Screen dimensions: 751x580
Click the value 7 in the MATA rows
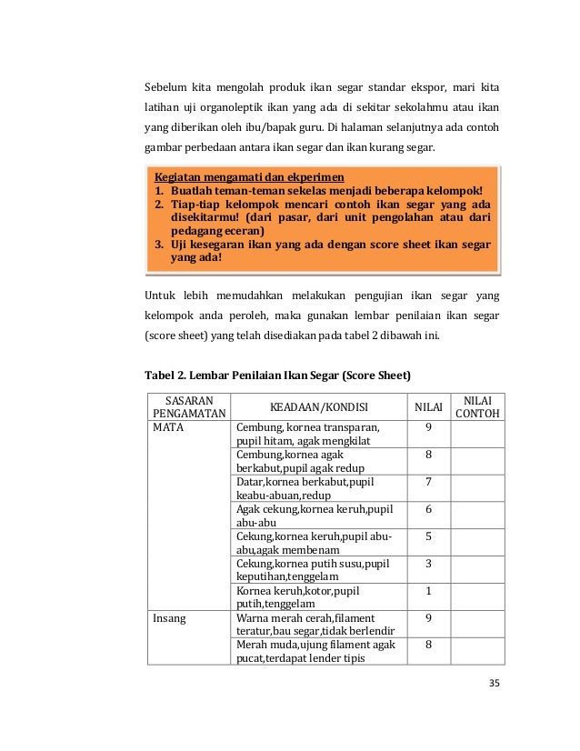pyautogui.click(x=428, y=482)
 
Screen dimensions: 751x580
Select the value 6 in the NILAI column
pyautogui.click(x=428, y=509)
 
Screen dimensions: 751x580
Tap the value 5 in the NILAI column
pyautogui.click(x=428, y=536)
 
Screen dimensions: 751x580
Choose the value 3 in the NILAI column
pyautogui.click(x=428, y=564)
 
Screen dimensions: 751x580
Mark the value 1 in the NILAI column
pyautogui.click(x=428, y=591)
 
